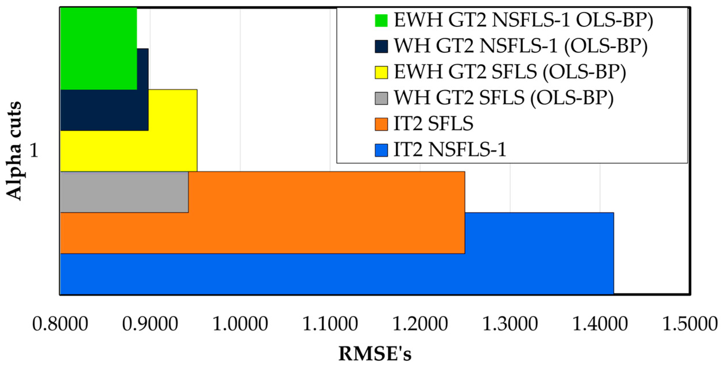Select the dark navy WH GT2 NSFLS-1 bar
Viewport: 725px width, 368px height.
pyautogui.click(x=104, y=110)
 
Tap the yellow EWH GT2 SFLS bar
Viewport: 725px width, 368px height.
pyautogui.click(x=129, y=151)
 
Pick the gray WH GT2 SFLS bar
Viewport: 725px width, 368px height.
pyautogui.click(x=124, y=192)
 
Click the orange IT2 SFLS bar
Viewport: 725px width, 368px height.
pyautogui.click(x=262, y=233)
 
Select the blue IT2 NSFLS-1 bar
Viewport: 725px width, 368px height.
pyautogui.click(x=337, y=274)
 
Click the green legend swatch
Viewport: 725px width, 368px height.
pyautogui.click(x=381, y=21)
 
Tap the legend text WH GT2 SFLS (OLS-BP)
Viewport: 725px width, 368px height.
pyautogui.click(x=503, y=98)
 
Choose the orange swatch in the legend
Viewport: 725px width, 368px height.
pyautogui.click(x=381, y=124)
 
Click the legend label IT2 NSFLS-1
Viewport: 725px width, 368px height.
pyautogui.click(x=450, y=150)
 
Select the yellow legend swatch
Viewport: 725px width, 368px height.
pyautogui.click(x=381, y=72)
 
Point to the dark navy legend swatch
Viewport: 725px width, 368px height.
pyautogui.click(x=381, y=46)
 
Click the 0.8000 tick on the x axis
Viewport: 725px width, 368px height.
pyautogui.click(x=60, y=324)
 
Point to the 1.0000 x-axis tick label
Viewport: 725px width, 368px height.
pyautogui.click(x=240, y=324)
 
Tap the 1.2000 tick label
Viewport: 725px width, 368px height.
pyautogui.click(x=420, y=324)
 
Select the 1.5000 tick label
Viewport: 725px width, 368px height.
pyautogui.click(x=690, y=324)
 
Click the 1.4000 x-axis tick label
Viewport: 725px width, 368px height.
pyautogui.click(x=600, y=324)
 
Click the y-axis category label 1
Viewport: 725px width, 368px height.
pyautogui.click(x=34, y=150)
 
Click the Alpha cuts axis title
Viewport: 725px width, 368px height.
pyautogui.click(x=14, y=151)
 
